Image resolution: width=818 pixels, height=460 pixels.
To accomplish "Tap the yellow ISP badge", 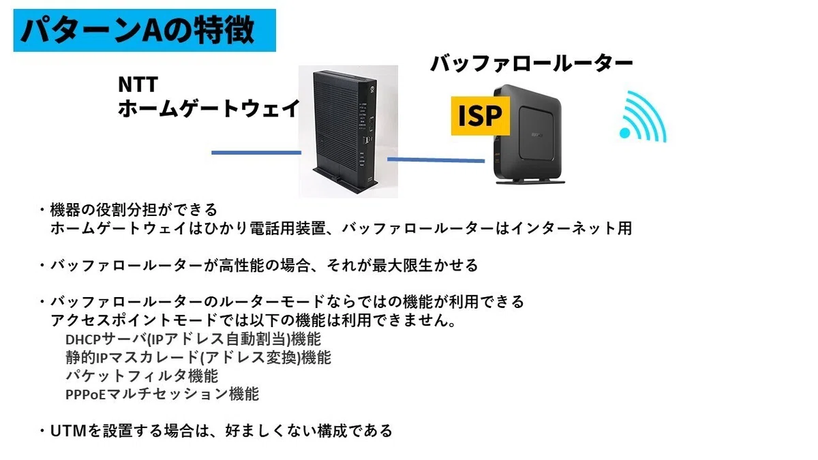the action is pos(480,116).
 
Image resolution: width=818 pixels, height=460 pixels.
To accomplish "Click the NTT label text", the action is pos(138,85).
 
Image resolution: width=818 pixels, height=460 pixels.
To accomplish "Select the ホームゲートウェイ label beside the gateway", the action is pos(209,108).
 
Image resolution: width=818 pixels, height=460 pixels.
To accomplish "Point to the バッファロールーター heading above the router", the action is pos(532,63).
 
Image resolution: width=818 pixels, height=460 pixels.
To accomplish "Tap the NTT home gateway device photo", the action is pos(348,132).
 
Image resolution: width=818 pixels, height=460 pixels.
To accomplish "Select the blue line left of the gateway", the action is pos(256,153).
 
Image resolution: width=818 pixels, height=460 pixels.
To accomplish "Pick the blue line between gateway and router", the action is pos(436,160).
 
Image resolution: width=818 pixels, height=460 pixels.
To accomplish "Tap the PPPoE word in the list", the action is pos(85,395).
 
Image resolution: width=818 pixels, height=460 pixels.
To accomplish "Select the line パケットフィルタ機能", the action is pos(142,376).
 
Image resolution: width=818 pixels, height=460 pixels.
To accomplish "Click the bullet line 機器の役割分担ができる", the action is pos(134,210).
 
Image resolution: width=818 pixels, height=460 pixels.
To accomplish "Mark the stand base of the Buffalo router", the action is pos(530,181).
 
